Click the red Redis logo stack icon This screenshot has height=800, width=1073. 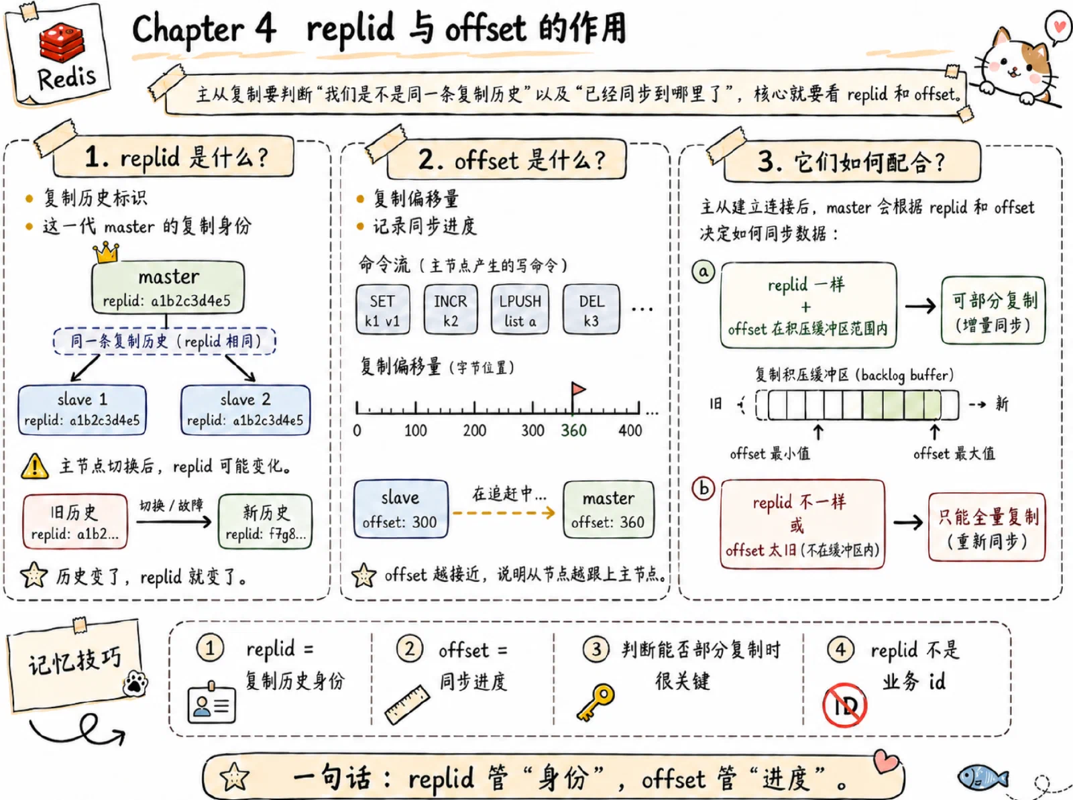click(62, 42)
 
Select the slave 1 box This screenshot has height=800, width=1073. click(82, 410)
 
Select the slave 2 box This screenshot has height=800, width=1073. click(245, 410)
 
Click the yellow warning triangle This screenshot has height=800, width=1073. click(35, 466)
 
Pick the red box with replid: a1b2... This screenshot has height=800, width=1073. click(75, 522)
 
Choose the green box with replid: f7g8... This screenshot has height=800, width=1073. click(265, 522)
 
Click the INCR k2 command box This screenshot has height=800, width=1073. click(450, 309)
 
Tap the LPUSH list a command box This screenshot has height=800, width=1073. click(520, 309)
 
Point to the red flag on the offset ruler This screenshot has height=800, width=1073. click(578, 390)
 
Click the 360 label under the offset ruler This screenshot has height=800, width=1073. click(573, 431)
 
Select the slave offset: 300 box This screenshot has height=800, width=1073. click(400, 509)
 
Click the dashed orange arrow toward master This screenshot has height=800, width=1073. click(504, 512)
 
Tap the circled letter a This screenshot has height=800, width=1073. click(703, 271)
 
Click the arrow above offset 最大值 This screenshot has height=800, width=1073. click(935, 432)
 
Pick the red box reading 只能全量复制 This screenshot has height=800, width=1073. click(987, 527)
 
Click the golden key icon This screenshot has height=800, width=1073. click(596, 702)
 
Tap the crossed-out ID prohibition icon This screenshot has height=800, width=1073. click(844, 705)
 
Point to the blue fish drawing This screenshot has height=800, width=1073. click(982, 777)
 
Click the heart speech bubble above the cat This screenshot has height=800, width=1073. click(1058, 27)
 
